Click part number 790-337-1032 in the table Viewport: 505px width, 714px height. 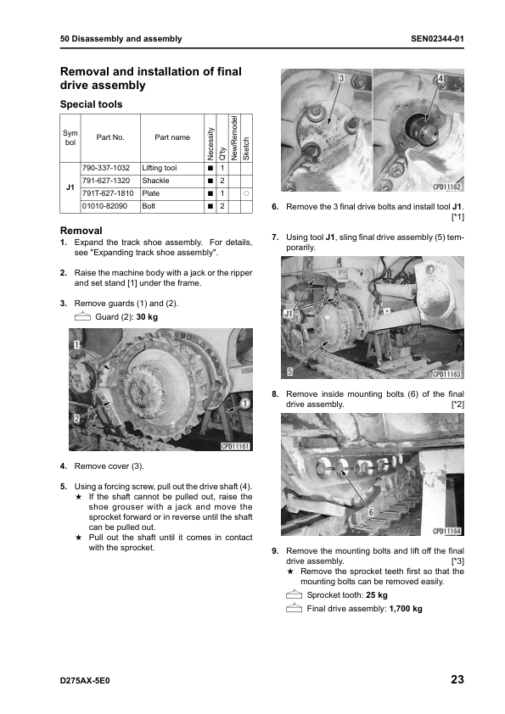(x=106, y=168)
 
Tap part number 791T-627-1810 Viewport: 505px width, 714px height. (x=108, y=193)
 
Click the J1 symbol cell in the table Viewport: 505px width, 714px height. (x=70, y=187)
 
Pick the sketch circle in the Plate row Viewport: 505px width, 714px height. (x=246, y=193)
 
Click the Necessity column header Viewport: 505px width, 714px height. (x=210, y=143)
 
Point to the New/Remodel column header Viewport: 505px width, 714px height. (x=234, y=137)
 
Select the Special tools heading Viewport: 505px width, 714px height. (x=91, y=104)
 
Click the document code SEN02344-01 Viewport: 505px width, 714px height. (x=437, y=39)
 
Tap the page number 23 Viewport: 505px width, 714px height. (x=457, y=679)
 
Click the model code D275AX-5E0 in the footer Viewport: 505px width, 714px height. (x=85, y=681)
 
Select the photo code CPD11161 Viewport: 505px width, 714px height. (x=235, y=446)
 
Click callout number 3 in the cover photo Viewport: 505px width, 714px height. (x=341, y=78)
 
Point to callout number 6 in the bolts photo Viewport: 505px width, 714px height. (x=371, y=513)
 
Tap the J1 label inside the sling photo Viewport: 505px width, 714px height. (x=288, y=315)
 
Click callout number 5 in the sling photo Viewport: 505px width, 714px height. (x=289, y=372)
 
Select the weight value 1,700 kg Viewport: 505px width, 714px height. (x=406, y=609)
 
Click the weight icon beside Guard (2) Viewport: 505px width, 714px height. (x=82, y=316)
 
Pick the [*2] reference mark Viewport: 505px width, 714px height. (x=457, y=404)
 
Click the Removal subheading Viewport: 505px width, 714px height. (x=81, y=231)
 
